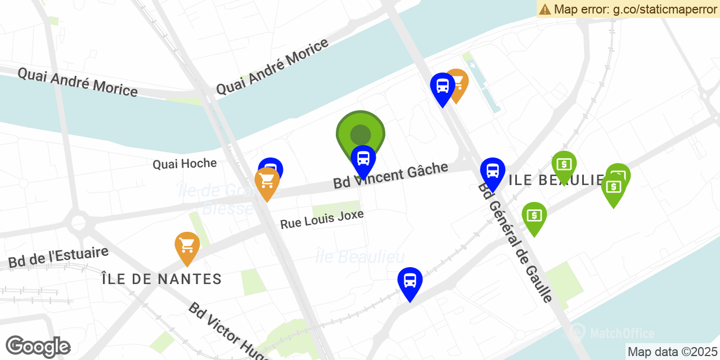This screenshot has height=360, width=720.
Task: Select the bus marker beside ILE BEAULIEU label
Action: click(x=493, y=172)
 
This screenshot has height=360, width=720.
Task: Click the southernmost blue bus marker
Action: click(x=410, y=281)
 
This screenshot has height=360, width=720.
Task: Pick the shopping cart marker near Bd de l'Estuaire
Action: click(x=187, y=246)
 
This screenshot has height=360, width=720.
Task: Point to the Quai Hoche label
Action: click(x=184, y=164)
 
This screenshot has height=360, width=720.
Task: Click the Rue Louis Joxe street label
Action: click(x=322, y=219)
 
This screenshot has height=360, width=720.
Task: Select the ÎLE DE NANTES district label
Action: click(x=161, y=279)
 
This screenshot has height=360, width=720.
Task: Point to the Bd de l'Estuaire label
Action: click(x=58, y=257)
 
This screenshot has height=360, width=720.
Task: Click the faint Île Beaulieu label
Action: click(x=360, y=257)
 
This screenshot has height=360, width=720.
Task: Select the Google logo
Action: click(x=38, y=346)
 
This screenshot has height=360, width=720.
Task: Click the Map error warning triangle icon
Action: click(x=544, y=9)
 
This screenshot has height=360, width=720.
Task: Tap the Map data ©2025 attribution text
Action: click(x=673, y=352)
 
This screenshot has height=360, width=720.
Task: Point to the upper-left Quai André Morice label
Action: click(x=78, y=82)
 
